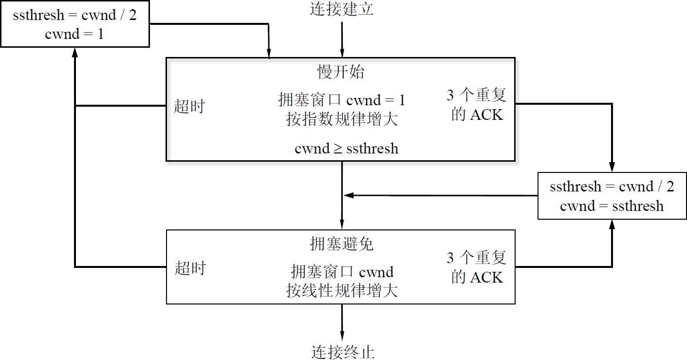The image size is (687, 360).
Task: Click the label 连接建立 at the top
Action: pyautogui.click(x=341, y=9)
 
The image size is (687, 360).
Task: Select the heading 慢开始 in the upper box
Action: pyautogui.click(x=341, y=72)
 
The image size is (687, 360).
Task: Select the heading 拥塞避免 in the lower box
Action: pyautogui.click(x=341, y=244)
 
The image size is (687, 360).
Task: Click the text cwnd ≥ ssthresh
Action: pyautogui.click(x=346, y=148)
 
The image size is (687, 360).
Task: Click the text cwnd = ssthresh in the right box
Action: pyautogui.click(x=612, y=206)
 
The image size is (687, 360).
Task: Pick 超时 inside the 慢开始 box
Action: pyautogui.click(x=189, y=106)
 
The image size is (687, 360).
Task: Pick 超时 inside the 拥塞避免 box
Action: pyautogui.click(x=190, y=267)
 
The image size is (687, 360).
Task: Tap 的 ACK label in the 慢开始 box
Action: pyautogui.click(x=477, y=115)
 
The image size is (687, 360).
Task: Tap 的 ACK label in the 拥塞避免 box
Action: pyautogui.click(x=477, y=277)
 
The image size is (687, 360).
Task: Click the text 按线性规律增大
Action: pyautogui.click(x=342, y=290)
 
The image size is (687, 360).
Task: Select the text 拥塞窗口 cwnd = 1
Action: pyautogui.click(x=342, y=101)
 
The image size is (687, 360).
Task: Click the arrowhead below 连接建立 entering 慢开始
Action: pyautogui.click(x=342, y=54)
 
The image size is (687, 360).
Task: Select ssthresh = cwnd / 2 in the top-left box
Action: pyautogui.click(x=74, y=16)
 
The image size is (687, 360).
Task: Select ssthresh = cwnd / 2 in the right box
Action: pyautogui.click(x=612, y=187)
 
